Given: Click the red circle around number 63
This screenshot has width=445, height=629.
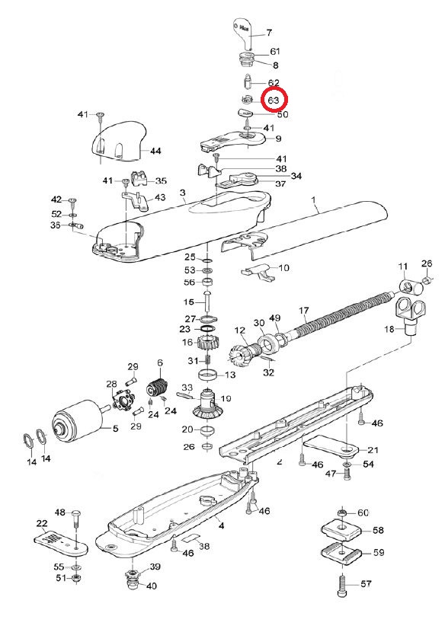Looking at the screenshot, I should click(x=273, y=100).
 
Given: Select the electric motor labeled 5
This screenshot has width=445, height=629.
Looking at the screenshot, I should click(x=77, y=420).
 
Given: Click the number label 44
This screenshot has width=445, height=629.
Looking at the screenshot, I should click(x=155, y=152).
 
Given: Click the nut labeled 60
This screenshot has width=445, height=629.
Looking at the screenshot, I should click(x=341, y=512).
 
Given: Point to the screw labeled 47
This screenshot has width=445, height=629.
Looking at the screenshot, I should click(x=347, y=474).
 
